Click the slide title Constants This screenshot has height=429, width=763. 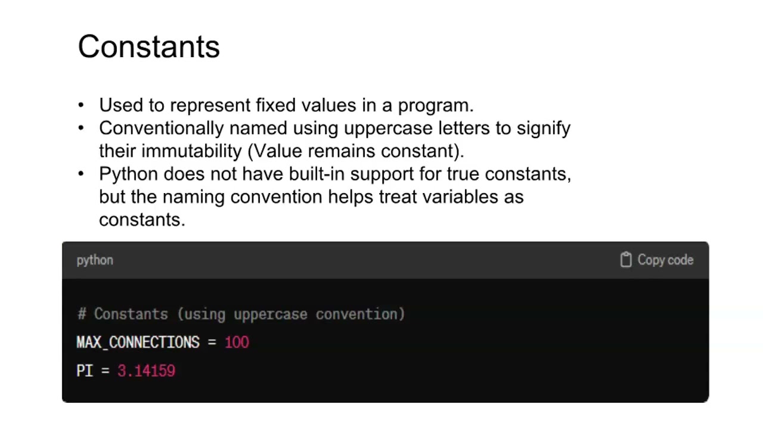148,47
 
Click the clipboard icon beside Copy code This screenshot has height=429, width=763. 625,260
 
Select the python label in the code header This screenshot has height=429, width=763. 95,260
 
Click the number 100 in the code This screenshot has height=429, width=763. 237,343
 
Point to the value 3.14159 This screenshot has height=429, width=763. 146,371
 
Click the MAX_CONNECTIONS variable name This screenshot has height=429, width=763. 138,343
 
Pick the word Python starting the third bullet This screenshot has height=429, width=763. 128,175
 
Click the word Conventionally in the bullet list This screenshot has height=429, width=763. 162,129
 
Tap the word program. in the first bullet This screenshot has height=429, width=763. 435,106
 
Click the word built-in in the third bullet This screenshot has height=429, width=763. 317,174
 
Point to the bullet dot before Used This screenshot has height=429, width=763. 82,105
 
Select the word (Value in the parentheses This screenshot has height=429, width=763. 275,151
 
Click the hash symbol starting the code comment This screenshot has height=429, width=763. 82,315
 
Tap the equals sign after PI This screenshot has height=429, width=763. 105,371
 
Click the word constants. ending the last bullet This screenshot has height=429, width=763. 142,220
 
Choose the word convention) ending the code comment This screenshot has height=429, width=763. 360,315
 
